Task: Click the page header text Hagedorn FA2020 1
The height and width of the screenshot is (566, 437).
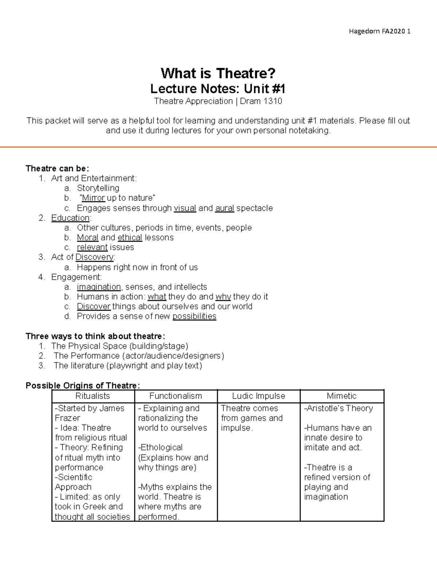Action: [x=379, y=31]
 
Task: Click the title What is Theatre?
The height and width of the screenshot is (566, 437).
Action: [x=218, y=73]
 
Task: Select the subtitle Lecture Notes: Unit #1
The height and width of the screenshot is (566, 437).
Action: [x=218, y=89]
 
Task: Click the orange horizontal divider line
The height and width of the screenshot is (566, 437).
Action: [x=219, y=147]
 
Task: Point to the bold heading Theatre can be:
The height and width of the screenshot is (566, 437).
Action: [x=57, y=168]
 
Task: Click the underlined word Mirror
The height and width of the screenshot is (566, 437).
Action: [x=94, y=198]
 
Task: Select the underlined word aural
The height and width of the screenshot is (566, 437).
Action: [x=225, y=208]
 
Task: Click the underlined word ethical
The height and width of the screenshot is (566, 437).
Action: [x=130, y=238]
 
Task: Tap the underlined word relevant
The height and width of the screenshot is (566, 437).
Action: [x=92, y=247]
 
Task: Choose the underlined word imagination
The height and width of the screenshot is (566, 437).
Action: [x=99, y=287]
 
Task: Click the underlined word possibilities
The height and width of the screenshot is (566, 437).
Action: [x=194, y=316]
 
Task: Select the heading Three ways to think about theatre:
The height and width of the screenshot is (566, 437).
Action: [x=95, y=336]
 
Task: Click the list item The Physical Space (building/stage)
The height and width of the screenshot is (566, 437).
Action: [x=120, y=346]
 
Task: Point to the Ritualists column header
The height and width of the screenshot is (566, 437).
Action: [x=92, y=396]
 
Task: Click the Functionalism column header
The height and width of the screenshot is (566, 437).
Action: [x=176, y=396]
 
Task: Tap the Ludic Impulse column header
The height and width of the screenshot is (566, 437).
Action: [x=259, y=396]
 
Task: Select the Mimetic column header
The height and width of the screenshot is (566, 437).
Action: [x=342, y=396]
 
